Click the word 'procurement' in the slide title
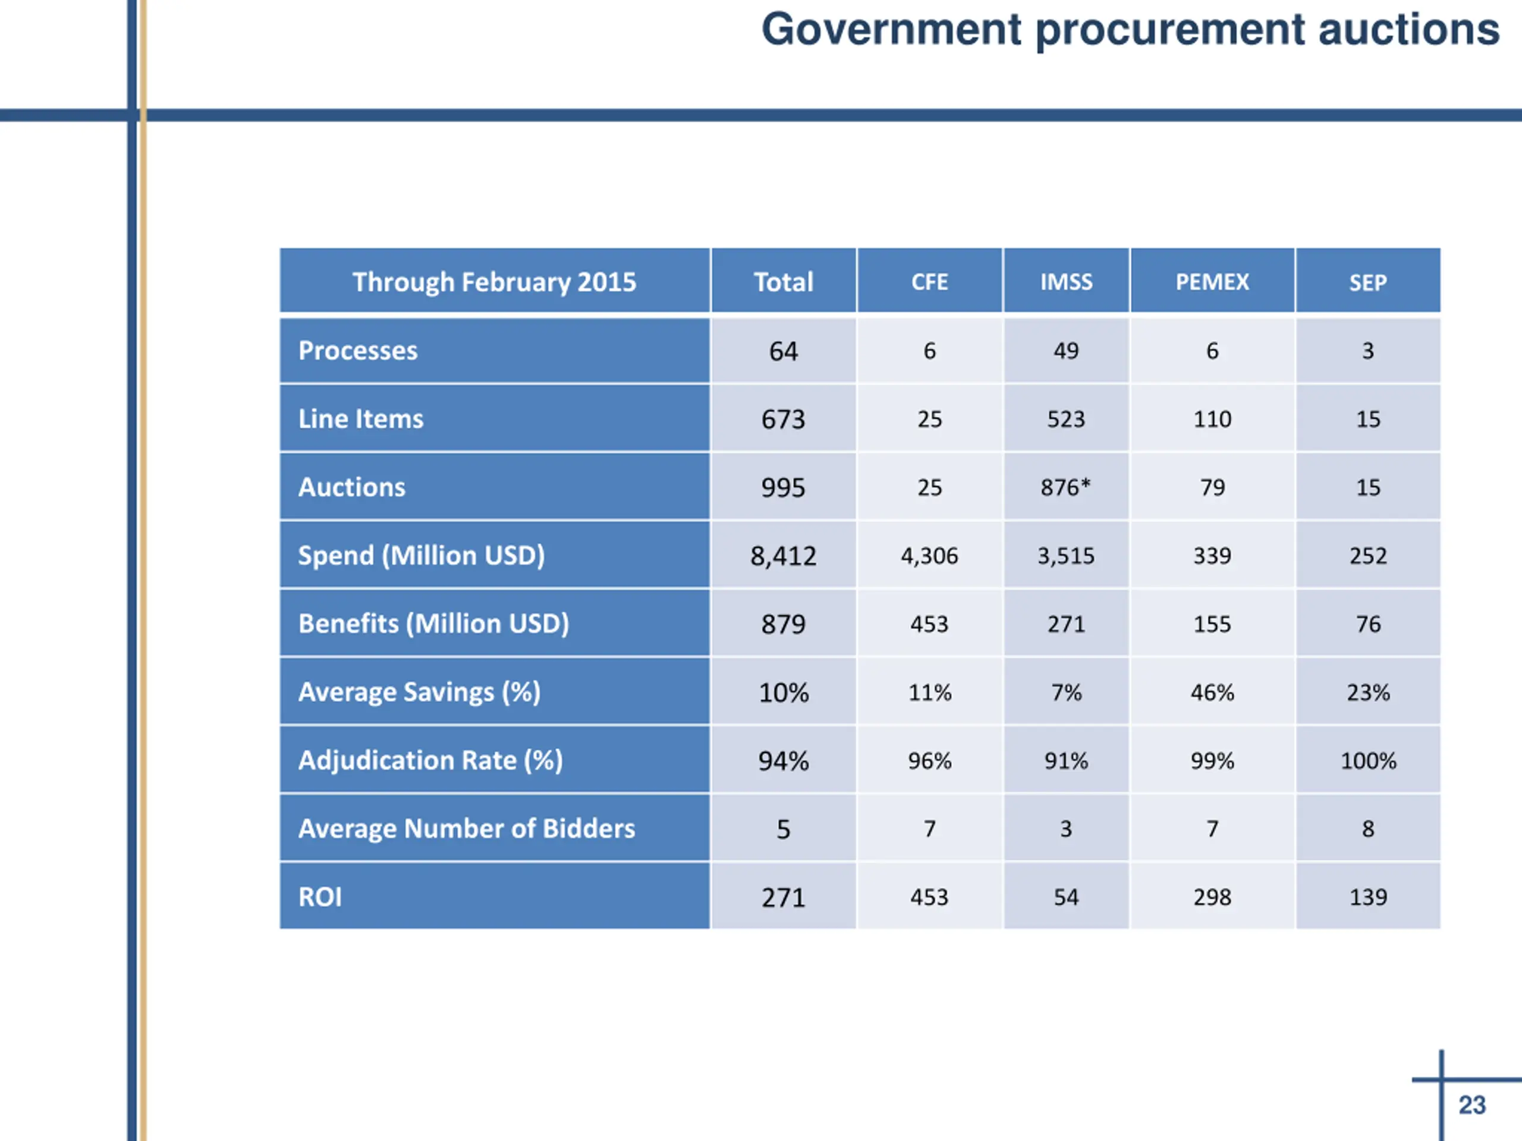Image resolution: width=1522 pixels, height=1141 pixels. click(x=1169, y=30)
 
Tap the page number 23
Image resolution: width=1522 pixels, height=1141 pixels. click(x=1472, y=1105)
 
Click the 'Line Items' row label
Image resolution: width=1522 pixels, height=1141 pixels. click(x=360, y=419)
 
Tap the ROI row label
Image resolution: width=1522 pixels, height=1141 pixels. click(x=320, y=897)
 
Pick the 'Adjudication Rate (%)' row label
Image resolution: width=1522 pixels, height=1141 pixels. click(x=430, y=761)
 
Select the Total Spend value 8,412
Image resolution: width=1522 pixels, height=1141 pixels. click(x=783, y=556)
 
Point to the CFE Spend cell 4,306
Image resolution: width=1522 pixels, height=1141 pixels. click(x=929, y=556)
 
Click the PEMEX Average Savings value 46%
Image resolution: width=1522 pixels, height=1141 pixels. click(x=1212, y=692)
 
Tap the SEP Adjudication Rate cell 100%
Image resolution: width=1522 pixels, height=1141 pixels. click(x=1368, y=761)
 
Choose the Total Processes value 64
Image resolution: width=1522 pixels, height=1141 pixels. click(x=783, y=351)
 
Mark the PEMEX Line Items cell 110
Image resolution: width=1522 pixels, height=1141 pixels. click(x=1212, y=419)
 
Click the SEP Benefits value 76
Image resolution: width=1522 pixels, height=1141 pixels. click(x=1368, y=624)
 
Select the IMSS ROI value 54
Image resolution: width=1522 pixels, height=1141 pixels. click(x=1066, y=897)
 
